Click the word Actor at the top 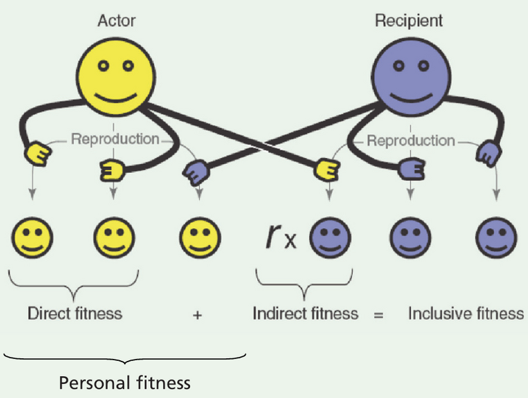116,21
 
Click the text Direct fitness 75,313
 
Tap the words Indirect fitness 306,313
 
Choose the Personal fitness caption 125,383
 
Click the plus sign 197,314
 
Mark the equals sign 379,314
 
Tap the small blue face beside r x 330,236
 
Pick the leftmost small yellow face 32,236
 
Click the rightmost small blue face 496,236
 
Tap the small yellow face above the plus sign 200,236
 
